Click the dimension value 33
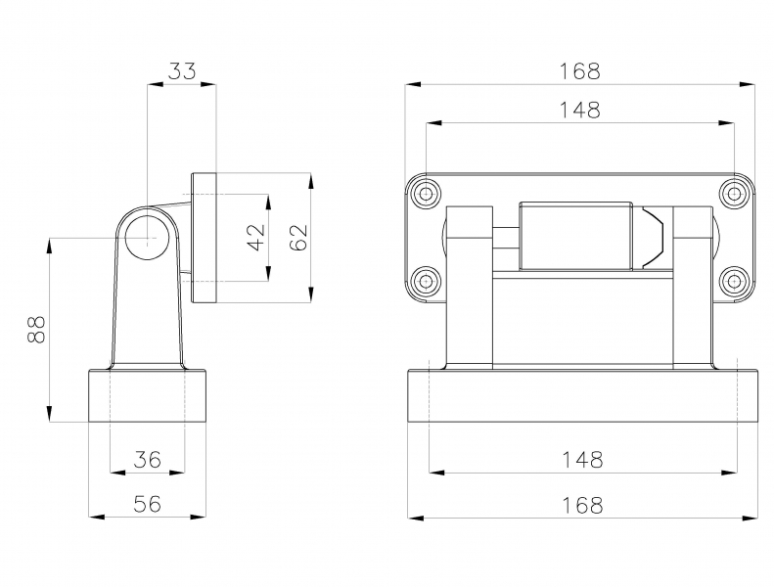[182, 71]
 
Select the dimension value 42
[256, 238]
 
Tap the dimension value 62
[299, 238]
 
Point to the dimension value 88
[37, 330]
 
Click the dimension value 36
[148, 460]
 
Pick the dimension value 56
[148, 504]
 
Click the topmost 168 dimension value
[579, 71]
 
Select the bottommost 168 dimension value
[582, 505]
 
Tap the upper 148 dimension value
[579, 111]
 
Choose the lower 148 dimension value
[582, 460]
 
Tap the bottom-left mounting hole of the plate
[425, 282]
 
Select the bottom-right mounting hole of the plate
[735, 282]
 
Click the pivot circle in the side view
[147, 238]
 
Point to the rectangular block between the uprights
[575, 236]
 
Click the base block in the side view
[147, 395]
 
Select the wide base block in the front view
[582, 395]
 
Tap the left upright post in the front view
[470, 288]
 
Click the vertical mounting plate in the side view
[204, 238]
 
